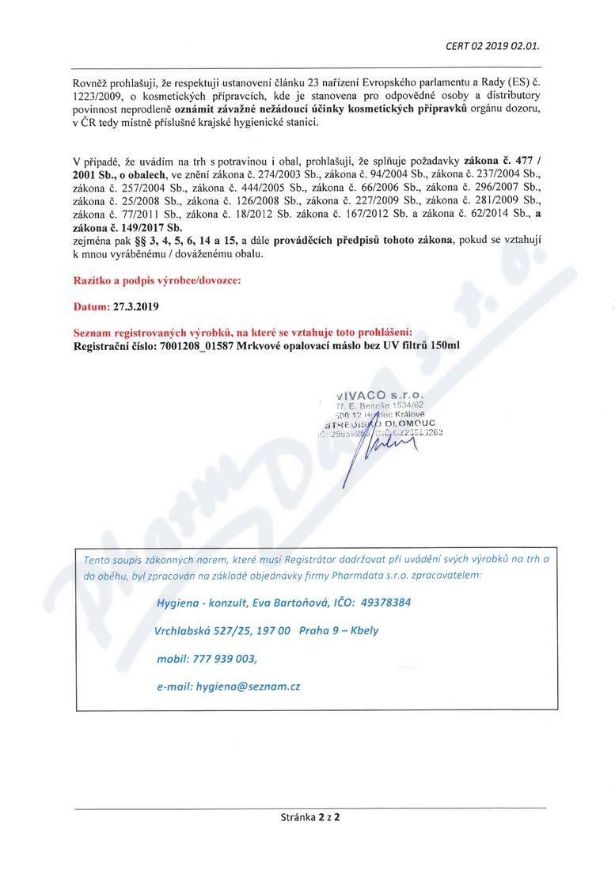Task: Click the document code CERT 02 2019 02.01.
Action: (493, 45)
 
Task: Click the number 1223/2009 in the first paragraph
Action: (93, 101)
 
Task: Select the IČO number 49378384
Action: (385, 603)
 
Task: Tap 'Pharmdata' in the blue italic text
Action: (371, 576)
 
